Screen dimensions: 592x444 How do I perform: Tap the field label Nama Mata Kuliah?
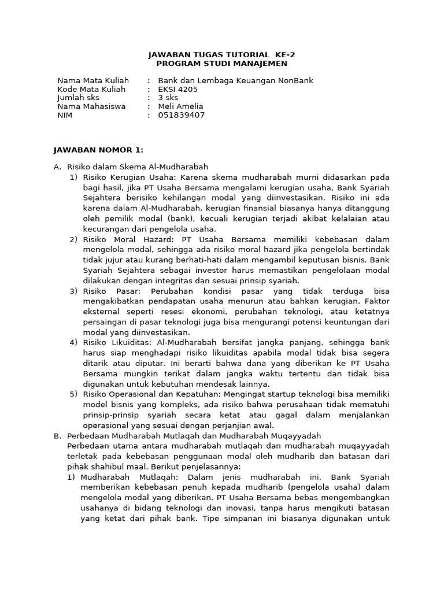pyautogui.click(x=93, y=80)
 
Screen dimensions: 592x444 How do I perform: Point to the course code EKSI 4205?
pyautogui.click(x=177, y=89)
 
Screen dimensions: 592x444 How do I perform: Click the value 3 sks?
pyautogui.click(x=168, y=98)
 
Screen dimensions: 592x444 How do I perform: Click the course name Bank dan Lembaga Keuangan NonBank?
pyautogui.click(x=235, y=80)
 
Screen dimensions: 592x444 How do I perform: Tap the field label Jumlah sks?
pyautogui.click(x=79, y=98)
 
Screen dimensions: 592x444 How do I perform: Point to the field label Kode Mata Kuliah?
pyautogui.click(x=91, y=89)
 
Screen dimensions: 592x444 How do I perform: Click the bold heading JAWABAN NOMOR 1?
pyautogui.click(x=98, y=150)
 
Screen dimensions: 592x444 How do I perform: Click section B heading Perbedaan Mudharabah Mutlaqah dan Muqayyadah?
pyautogui.click(x=194, y=435)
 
